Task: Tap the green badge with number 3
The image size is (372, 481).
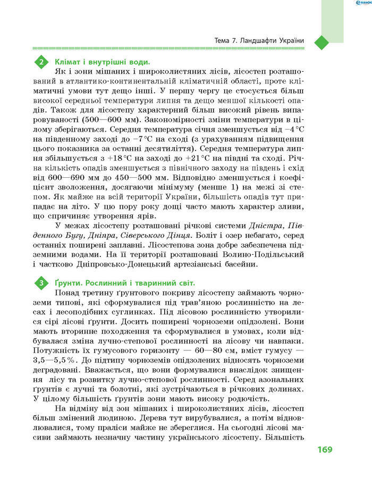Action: click(x=41, y=284)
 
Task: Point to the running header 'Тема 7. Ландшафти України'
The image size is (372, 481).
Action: click(x=259, y=41)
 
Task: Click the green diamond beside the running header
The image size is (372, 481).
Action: click(x=323, y=41)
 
